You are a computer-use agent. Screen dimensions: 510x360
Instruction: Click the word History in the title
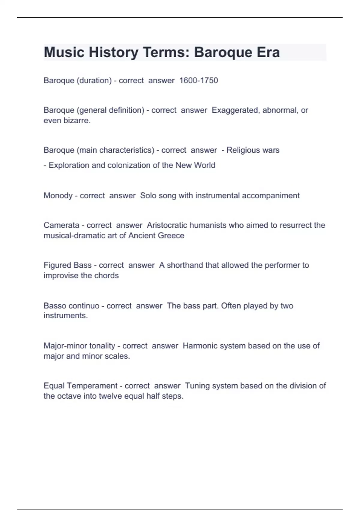coord(113,52)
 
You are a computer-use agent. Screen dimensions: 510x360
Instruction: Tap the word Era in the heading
coord(268,52)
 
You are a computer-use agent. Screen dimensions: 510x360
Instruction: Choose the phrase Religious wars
coord(253,150)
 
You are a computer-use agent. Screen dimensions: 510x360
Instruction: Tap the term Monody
coord(58,196)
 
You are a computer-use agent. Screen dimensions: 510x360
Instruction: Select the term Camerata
coord(61,225)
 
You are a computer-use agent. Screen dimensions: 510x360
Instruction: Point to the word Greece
coord(171,235)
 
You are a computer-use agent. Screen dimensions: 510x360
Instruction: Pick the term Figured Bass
coord(67,265)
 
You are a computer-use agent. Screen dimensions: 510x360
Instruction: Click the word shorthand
coord(184,265)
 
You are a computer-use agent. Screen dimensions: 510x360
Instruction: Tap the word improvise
coord(61,275)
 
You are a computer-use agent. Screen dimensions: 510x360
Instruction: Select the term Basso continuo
coord(71,306)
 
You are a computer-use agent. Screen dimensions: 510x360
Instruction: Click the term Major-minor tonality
coord(79,346)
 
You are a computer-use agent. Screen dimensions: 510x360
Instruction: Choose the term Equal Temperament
coord(80,386)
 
